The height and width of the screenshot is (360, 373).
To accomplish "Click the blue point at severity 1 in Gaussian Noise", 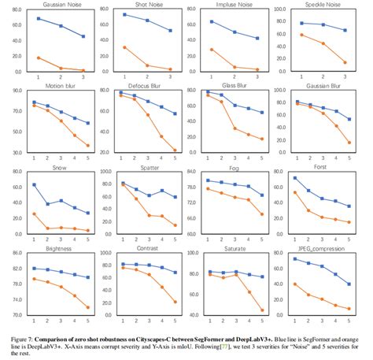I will [x=39, y=18].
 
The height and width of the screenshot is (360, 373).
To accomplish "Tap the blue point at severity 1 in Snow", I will [x=34, y=184].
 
